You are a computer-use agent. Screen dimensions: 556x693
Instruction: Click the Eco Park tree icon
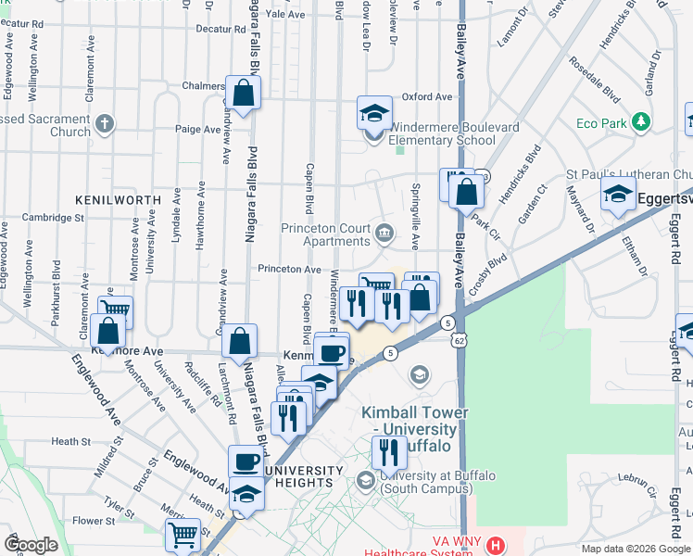tap(640, 122)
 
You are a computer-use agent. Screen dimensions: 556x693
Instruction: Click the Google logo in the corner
tap(31, 545)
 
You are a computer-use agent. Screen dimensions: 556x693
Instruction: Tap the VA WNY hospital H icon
tap(497, 546)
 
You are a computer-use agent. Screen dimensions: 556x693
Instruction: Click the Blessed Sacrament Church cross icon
tap(105, 123)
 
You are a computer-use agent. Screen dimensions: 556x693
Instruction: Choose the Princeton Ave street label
tap(289, 269)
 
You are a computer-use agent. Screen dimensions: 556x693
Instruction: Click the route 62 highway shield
tap(460, 341)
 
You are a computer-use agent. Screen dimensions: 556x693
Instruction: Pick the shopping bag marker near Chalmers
tap(243, 94)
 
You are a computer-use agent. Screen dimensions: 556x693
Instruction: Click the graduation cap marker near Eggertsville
tap(617, 196)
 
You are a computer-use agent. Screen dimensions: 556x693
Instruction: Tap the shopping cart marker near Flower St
tap(183, 535)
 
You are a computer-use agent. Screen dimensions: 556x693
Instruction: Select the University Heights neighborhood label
tap(298, 476)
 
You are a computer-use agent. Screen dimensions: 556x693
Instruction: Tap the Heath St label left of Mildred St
tap(68, 442)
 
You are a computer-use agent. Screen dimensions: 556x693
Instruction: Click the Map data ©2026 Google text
tap(634, 548)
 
